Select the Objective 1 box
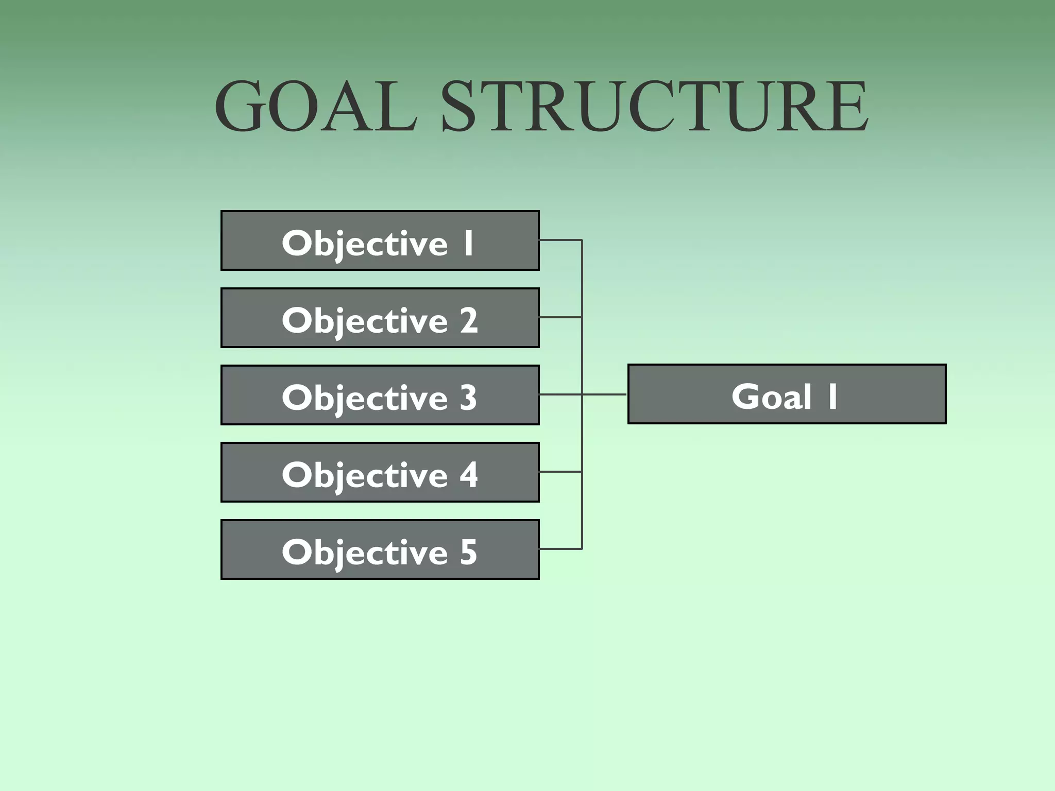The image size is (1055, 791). click(380, 240)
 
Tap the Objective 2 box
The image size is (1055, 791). click(380, 318)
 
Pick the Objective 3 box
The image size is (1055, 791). click(380, 395)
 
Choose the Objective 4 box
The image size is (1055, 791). click(380, 472)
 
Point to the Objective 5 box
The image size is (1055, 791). click(380, 549)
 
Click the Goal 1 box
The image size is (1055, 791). click(787, 394)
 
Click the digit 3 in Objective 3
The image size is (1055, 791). click(468, 398)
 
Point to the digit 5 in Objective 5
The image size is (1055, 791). click(468, 552)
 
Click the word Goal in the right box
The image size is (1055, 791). click(771, 397)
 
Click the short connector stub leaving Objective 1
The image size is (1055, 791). click(560, 240)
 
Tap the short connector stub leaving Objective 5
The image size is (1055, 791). click(560, 549)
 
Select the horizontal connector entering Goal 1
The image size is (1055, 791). click(605, 394)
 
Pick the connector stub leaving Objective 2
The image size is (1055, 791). click(560, 317)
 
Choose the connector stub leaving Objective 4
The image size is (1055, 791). click(560, 472)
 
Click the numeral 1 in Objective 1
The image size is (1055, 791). click(468, 243)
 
